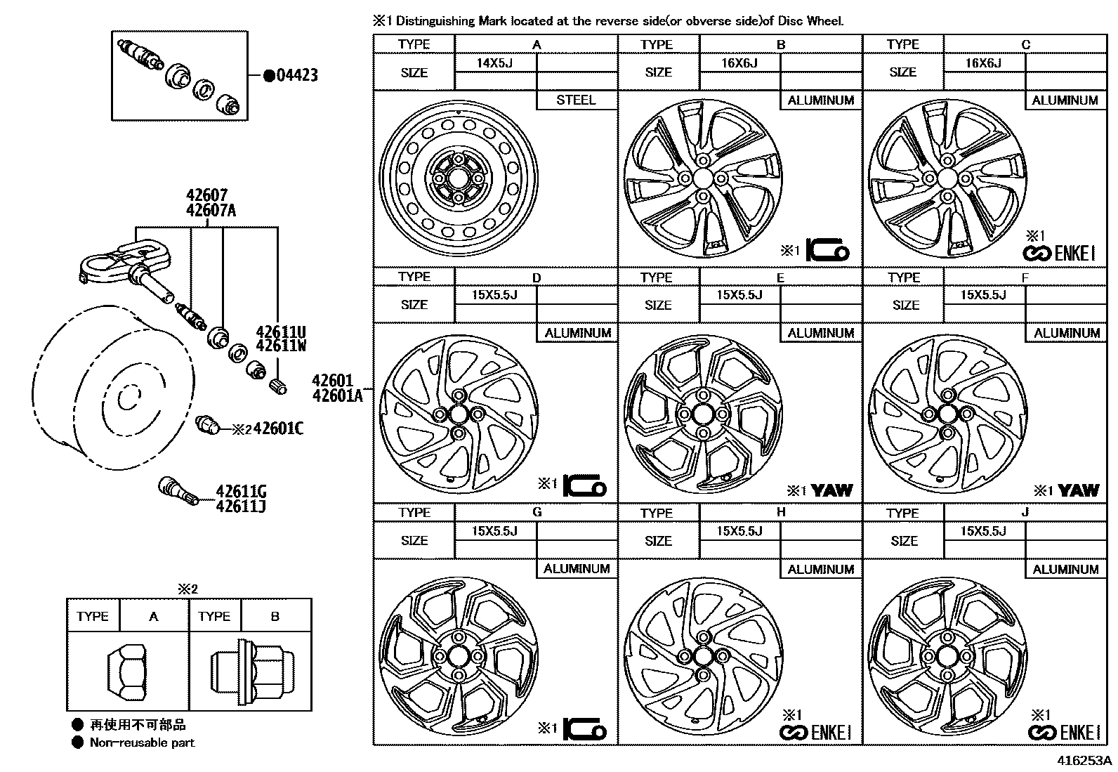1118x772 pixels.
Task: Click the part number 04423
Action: pos(296,75)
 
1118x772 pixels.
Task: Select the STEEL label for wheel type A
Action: pos(576,100)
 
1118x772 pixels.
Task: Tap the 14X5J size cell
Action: pos(495,63)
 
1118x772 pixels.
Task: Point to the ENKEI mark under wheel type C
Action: pos(1065,254)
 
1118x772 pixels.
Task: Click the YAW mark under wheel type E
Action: pos(832,490)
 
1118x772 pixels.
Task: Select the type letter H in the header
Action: pos(781,513)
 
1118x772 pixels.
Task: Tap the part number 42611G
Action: pos(241,492)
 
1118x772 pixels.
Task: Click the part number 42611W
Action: pos(281,346)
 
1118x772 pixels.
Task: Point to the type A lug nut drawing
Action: pos(127,672)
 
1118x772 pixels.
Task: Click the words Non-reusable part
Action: pos(142,742)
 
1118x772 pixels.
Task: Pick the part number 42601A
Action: pos(337,395)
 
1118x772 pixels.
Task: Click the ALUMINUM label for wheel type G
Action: pos(577,569)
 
